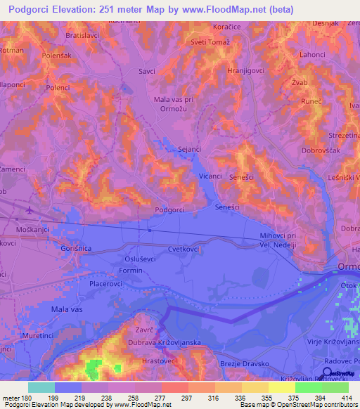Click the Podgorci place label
(169, 209)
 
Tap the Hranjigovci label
(245, 72)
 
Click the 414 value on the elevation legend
(345, 397)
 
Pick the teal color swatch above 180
(41, 387)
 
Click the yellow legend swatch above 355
(255, 387)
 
